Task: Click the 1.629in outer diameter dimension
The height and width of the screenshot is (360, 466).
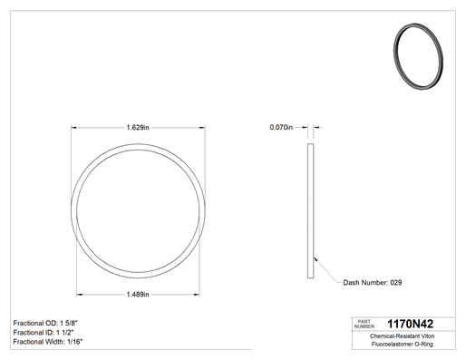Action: [x=138, y=128]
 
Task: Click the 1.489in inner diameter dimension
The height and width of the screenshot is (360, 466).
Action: [x=138, y=295]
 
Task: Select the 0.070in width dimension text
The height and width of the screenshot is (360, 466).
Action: [x=281, y=127]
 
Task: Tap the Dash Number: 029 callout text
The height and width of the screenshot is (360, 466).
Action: [x=373, y=283]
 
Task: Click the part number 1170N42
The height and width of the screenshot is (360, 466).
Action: [x=410, y=324]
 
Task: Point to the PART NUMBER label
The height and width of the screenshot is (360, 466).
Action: [x=364, y=324]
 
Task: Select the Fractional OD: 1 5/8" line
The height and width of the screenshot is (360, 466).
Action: [x=47, y=323]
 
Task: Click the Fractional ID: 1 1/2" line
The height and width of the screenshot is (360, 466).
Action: [x=44, y=333]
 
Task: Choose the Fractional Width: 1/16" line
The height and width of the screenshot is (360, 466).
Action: [x=48, y=342]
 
